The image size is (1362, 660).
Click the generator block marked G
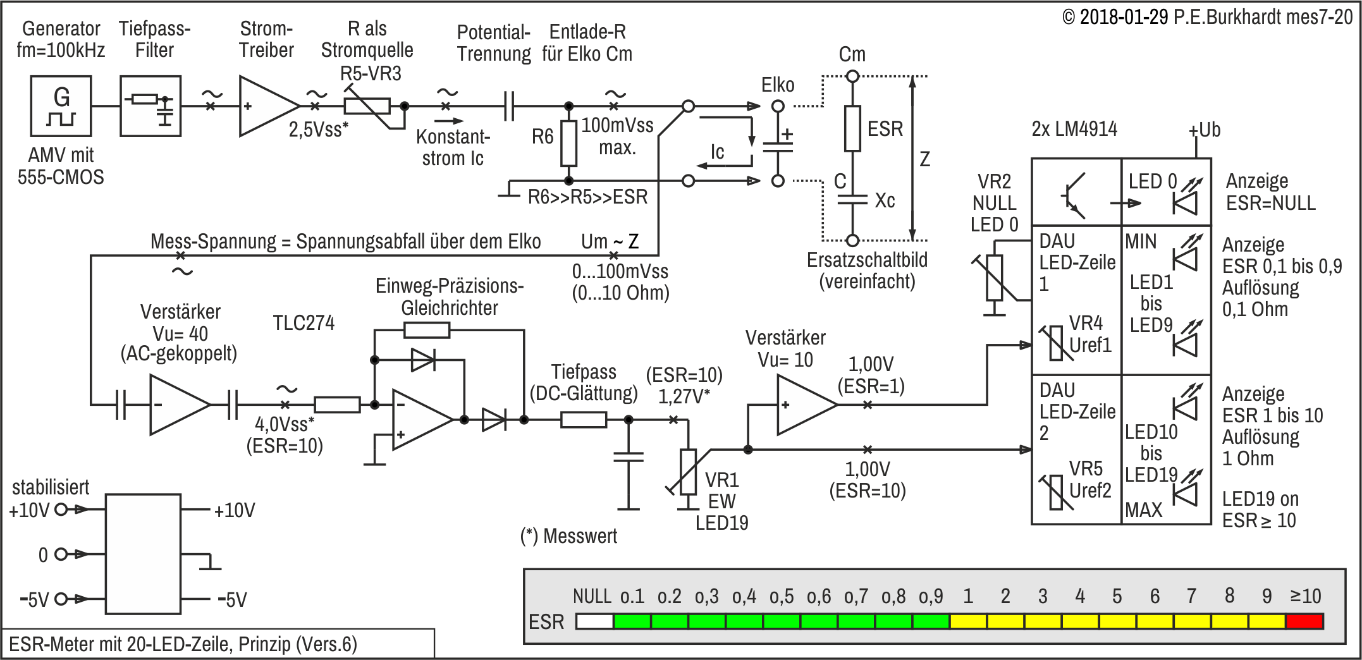point(61,106)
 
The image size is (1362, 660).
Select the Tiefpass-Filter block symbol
point(150,106)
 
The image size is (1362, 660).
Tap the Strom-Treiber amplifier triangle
point(269,106)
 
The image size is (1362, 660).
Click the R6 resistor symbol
point(569,144)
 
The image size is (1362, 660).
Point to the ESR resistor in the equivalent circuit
point(852,128)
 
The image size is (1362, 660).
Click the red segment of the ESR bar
point(1304,621)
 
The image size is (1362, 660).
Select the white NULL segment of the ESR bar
point(594,621)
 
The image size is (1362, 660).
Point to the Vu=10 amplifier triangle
point(807,405)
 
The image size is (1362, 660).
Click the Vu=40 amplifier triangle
point(180,405)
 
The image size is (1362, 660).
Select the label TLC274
point(304,323)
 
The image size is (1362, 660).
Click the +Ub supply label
point(1204,130)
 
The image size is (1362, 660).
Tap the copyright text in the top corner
point(1207,17)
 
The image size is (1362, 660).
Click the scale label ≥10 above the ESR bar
point(1305,596)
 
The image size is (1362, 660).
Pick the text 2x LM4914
point(1074,129)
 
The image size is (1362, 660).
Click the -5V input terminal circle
point(61,599)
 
